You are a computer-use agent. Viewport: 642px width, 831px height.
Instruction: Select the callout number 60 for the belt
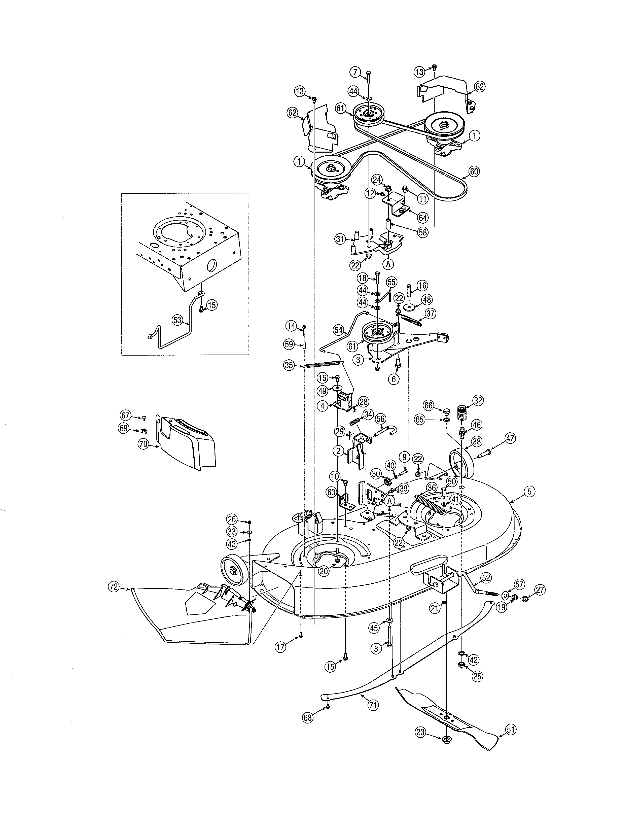pyautogui.click(x=474, y=171)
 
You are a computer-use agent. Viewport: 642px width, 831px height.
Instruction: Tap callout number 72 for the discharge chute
pyautogui.click(x=113, y=587)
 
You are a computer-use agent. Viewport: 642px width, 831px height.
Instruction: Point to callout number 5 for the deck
pyautogui.click(x=529, y=491)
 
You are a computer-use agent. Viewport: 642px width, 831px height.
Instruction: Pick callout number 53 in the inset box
pyautogui.click(x=177, y=320)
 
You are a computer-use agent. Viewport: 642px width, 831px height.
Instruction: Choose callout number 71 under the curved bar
pyautogui.click(x=373, y=705)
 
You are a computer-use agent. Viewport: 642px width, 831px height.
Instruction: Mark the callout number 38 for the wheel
pyautogui.click(x=477, y=441)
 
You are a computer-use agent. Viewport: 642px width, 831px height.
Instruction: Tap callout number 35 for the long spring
pyautogui.click(x=289, y=366)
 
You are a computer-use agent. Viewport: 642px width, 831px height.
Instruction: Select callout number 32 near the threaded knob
pyautogui.click(x=478, y=400)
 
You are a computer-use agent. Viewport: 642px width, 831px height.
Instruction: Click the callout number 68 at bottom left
pyautogui.click(x=307, y=718)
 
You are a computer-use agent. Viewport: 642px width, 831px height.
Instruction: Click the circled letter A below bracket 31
pyautogui.click(x=388, y=263)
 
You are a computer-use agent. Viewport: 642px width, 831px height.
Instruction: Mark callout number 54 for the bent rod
pyautogui.click(x=338, y=330)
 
